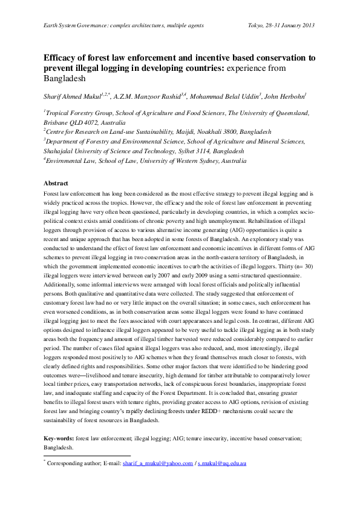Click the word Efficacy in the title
tap(62, 58)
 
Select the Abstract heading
tap(57, 182)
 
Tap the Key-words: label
tap(59, 438)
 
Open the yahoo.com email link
tap(157, 464)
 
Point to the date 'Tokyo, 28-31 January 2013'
tap(281, 25)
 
